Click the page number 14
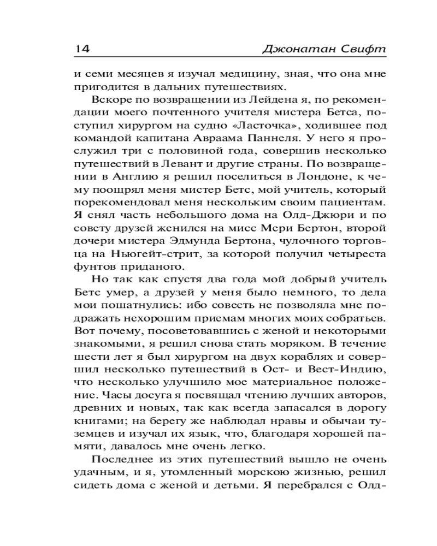81,50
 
